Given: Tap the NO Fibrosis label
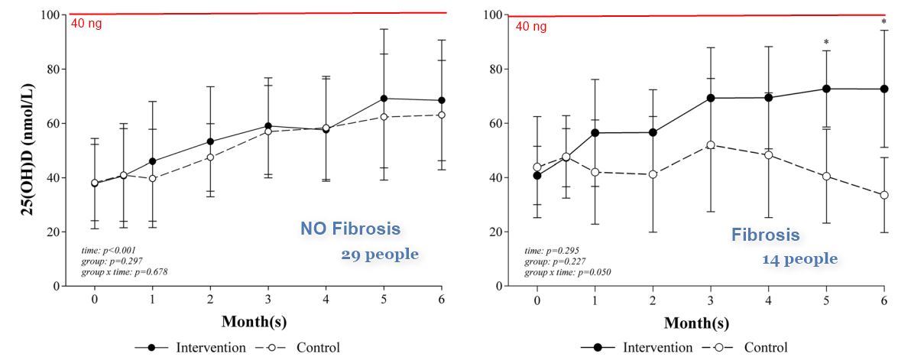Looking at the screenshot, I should [x=349, y=229].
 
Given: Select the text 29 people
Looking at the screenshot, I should [x=380, y=255].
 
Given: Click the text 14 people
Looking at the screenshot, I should [x=799, y=260].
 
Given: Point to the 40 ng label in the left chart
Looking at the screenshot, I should [x=86, y=23].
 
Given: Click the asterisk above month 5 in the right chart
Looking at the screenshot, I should [x=826, y=43].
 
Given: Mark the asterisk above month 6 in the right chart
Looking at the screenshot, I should [x=883, y=22].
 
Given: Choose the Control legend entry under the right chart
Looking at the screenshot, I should [x=765, y=348].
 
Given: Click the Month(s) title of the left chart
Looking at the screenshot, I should [x=254, y=322].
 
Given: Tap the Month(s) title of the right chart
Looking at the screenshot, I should [x=696, y=323].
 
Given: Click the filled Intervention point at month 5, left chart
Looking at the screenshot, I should [x=383, y=99].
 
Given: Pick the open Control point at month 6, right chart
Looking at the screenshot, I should [x=884, y=195].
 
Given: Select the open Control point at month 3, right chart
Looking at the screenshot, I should [x=711, y=145].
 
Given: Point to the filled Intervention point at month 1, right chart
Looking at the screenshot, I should [x=595, y=133].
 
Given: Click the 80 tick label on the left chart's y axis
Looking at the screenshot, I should [x=50, y=70].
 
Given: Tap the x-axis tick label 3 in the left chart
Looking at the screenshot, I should [x=267, y=300].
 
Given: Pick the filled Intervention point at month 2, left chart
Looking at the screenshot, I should [x=210, y=141].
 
